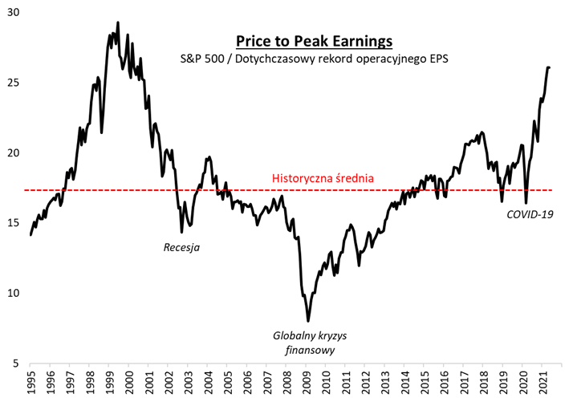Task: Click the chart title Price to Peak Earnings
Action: [x=313, y=41]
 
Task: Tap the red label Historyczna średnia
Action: [x=323, y=178]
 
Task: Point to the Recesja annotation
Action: [x=181, y=247]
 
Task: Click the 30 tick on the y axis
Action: [x=14, y=13]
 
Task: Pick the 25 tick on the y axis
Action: [x=14, y=83]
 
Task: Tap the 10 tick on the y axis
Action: [x=14, y=293]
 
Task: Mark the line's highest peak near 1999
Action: [x=118, y=22]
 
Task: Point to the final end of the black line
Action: [x=549, y=67]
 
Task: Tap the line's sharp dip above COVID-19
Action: [x=526, y=203]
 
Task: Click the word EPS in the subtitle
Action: [x=437, y=59]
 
